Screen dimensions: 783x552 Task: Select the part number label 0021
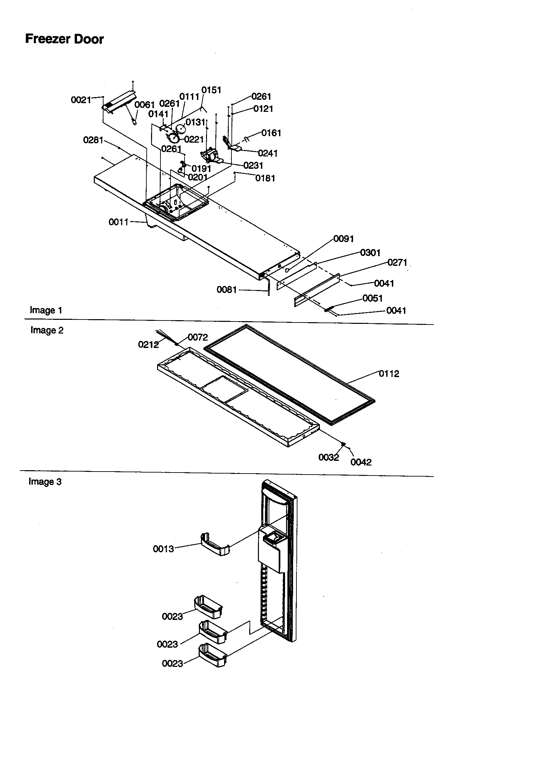[x=81, y=100]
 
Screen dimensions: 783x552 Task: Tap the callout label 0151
[x=211, y=90]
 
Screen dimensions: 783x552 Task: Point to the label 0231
[x=253, y=165]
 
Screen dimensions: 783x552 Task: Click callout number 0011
[x=118, y=222]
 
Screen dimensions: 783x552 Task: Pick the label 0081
[x=226, y=290]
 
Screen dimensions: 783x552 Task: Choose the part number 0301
[x=370, y=253]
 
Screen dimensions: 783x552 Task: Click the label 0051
[x=372, y=298]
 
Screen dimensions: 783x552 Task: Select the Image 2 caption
[x=47, y=330]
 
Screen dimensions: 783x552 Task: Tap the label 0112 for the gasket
[x=389, y=374]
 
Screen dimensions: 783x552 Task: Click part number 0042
[x=361, y=462]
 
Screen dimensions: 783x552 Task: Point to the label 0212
[x=148, y=345]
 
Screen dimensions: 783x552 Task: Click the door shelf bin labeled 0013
[x=215, y=545]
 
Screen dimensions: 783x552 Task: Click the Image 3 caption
[x=45, y=482]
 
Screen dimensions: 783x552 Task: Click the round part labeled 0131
[x=181, y=129]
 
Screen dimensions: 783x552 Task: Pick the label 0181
[x=265, y=178]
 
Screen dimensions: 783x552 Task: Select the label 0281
[x=93, y=140]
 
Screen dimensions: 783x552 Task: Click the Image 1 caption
[x=46, y=310]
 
